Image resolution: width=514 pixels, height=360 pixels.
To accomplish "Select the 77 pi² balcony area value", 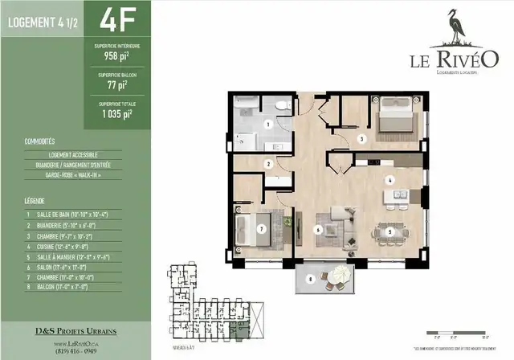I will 119,84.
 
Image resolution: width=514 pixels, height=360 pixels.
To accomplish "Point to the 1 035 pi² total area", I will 119,113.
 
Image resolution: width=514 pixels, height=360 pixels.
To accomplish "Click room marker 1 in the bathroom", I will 267,124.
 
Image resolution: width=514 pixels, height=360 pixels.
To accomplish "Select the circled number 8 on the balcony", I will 310,279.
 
